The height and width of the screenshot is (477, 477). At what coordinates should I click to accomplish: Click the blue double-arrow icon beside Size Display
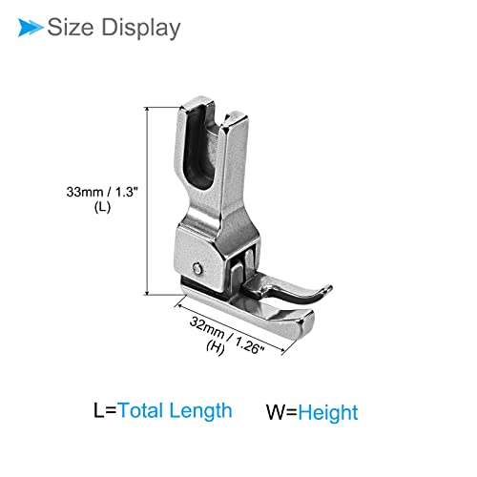(31, 28)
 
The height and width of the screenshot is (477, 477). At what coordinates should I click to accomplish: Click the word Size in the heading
(71, 27)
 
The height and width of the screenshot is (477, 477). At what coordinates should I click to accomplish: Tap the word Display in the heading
(141, 28)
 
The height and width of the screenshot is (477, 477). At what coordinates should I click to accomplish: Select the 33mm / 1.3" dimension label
(102, 192)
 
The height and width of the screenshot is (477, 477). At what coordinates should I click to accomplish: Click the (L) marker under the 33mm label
(102, 207)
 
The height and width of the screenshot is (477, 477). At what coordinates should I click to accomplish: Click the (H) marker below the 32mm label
(216, 346)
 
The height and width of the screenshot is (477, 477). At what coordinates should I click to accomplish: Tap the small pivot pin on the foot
(197, 268)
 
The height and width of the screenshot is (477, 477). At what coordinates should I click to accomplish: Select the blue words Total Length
(175, 410)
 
